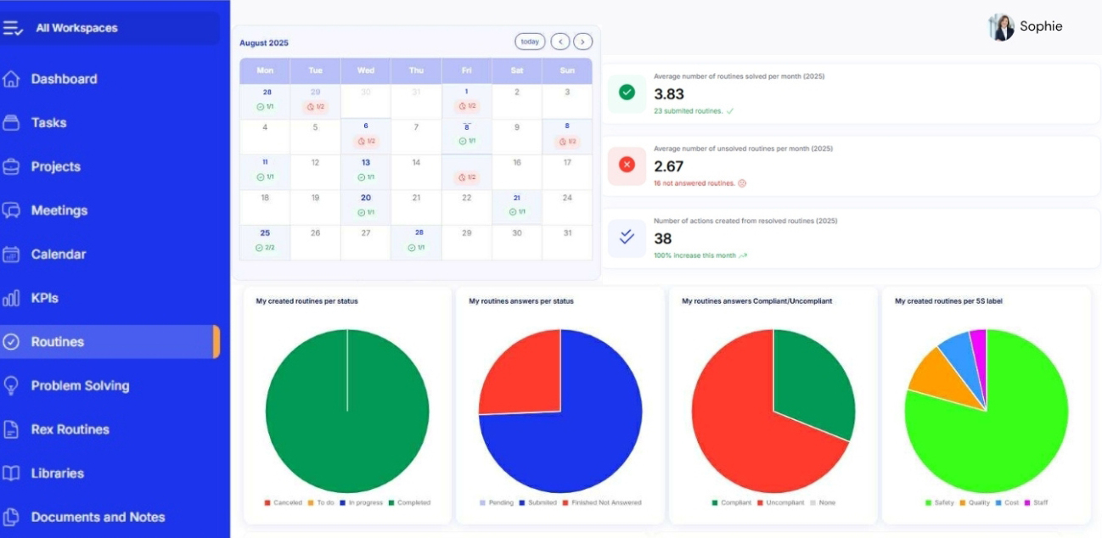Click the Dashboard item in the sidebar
point(64,79)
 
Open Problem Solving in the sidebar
point(80,385)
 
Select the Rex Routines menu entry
point(70,429)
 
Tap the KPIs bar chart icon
point(11,298)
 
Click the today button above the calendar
point(530,42)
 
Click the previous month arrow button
point(559,42)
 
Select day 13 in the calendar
point(365,163)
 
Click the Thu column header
point(416,70)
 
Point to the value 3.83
point(669,94)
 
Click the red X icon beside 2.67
point(627,165)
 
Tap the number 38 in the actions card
point(663,238)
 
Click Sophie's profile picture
point(1002,27)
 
